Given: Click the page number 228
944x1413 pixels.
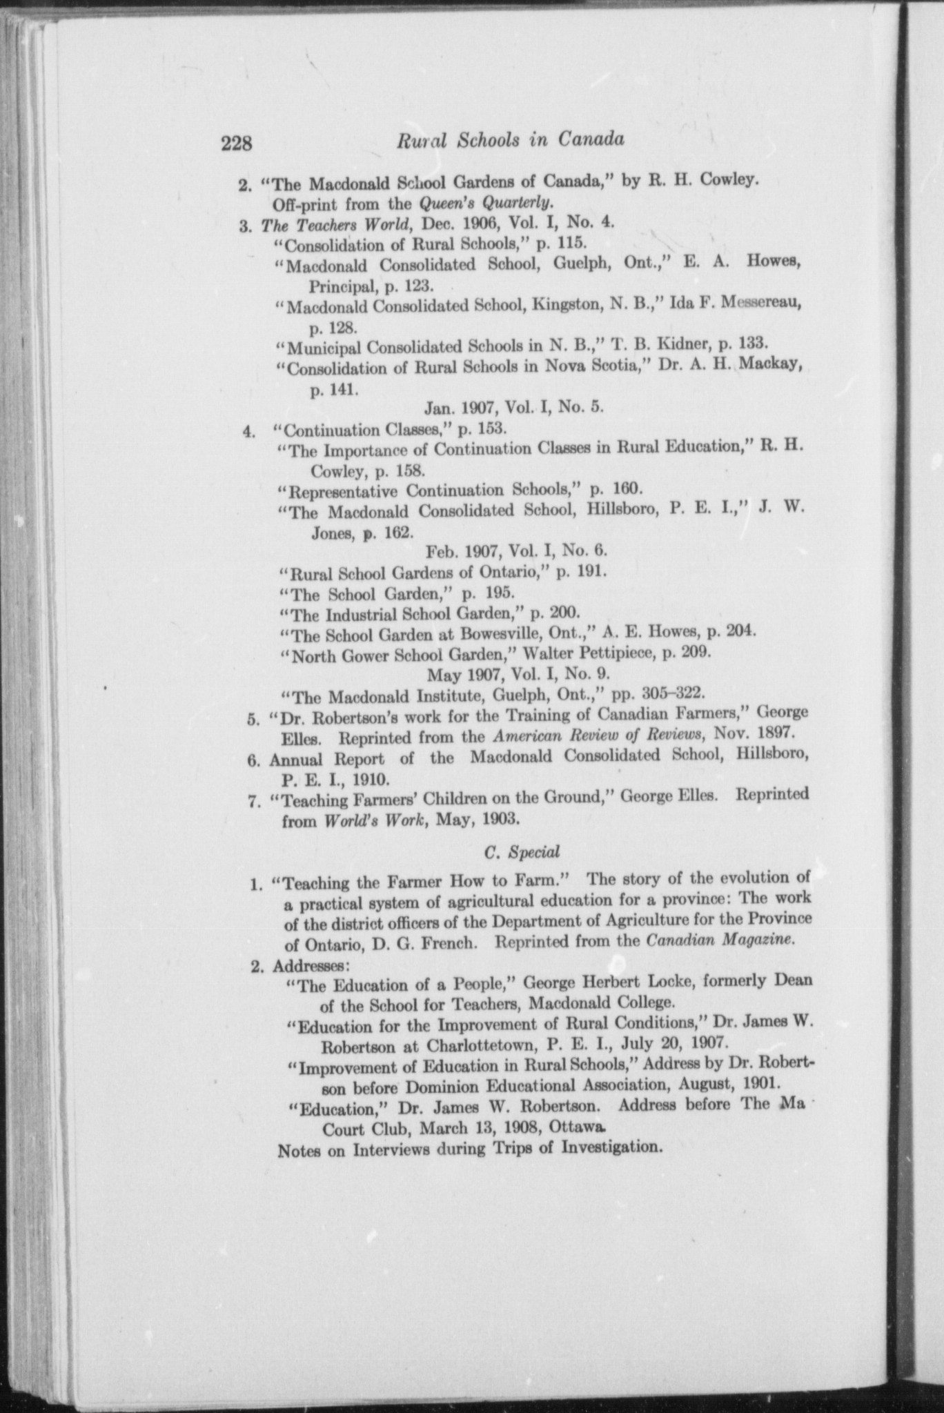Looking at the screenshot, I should tap(238, 144).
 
